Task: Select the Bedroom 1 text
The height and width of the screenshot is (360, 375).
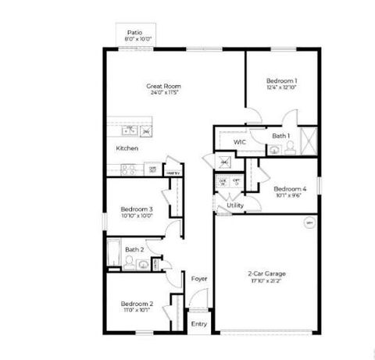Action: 281,80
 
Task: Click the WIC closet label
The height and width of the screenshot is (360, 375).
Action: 241,142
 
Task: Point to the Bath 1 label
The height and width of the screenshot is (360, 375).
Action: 280,136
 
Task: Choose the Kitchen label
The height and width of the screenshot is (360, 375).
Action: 127,148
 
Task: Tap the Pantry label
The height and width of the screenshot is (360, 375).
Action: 173,173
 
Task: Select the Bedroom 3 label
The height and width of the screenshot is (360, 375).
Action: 136,209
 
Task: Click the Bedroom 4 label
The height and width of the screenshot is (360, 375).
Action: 289,188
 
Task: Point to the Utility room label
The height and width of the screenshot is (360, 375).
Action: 235,205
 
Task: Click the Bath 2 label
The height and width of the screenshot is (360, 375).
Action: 135,249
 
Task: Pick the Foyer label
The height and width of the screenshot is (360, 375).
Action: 198,277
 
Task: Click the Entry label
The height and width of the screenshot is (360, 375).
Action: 198,323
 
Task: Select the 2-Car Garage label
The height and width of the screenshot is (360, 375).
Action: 267,273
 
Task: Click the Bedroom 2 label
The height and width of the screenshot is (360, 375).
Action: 136,304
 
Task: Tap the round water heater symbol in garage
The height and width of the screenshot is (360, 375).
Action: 309,223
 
